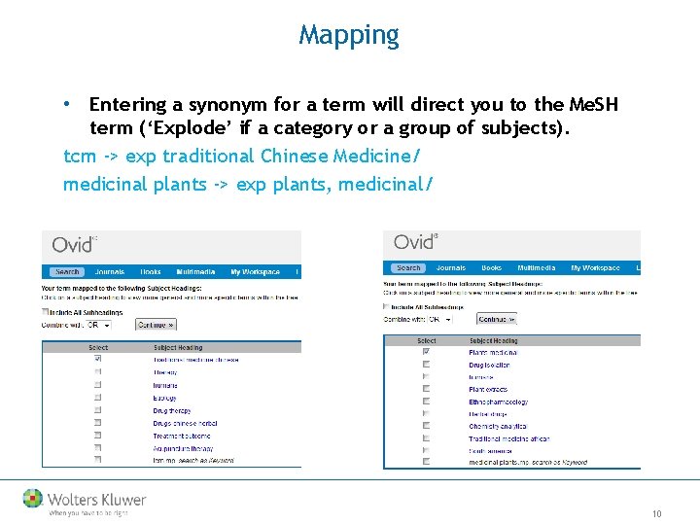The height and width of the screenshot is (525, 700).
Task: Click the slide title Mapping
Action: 349,36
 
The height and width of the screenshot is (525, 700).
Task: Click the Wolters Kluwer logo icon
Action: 33,499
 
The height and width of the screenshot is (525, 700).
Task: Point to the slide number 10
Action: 657,513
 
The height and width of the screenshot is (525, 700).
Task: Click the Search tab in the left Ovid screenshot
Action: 67,272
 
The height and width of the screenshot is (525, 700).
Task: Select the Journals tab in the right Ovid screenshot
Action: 451,267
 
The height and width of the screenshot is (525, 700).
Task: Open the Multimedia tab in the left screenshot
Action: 196,272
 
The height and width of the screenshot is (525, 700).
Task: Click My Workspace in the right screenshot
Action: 595,267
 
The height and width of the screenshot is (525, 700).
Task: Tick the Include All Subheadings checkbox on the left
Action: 46,312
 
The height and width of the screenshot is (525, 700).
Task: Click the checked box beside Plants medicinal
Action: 426,353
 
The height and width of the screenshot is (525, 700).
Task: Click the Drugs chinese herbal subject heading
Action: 185,424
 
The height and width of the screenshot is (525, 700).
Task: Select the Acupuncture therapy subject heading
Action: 182,449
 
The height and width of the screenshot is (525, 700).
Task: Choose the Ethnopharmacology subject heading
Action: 498,402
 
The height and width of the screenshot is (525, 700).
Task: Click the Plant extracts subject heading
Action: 488,389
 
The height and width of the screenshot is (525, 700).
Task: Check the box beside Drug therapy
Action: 97,411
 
